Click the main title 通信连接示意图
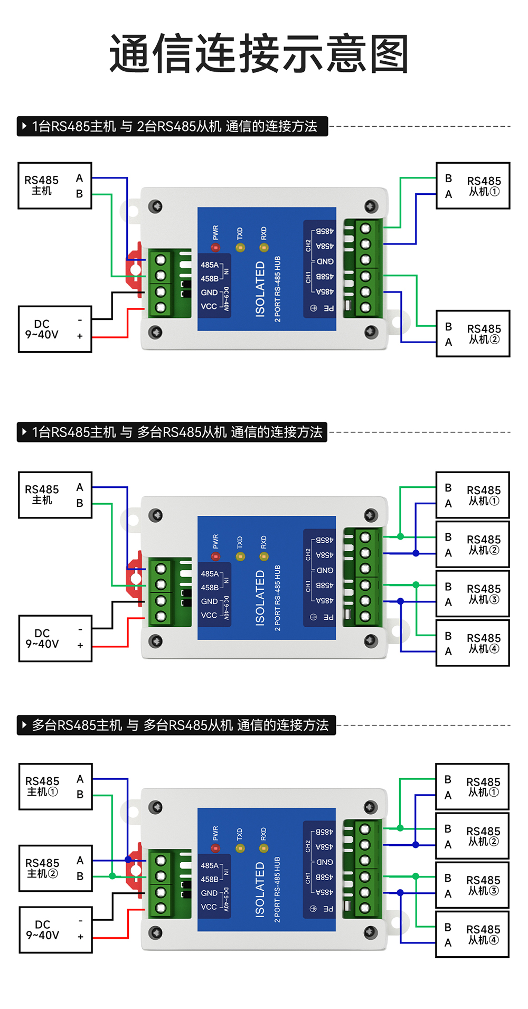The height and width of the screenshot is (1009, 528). click(259, 54)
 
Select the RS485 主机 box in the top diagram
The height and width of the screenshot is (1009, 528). click(55, 186)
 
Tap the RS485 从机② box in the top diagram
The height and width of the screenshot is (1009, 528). click(473, 334)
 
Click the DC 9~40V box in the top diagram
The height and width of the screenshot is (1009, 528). click(55, 329)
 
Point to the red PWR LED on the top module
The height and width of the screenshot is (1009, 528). click(215, 247)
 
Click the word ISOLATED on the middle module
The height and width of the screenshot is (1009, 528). click(260, 598)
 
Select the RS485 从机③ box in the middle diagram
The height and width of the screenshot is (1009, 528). click(473, 593)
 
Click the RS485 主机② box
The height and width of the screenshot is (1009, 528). click(55, 868)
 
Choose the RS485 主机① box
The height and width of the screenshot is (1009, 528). click(55, 786)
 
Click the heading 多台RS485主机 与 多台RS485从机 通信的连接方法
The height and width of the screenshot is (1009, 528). click(176, 725)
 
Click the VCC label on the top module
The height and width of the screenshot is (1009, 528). click(209, 307)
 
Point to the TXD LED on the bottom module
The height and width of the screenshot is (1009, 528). click(240, 848)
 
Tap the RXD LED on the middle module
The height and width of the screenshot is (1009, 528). click(264, 557)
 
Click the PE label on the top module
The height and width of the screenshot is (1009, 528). click(328, 308)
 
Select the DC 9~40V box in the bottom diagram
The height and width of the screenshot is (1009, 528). click(55, 930)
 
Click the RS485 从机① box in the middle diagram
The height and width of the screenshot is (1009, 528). click(473, 495)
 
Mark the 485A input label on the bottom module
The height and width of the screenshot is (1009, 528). click(210, 865)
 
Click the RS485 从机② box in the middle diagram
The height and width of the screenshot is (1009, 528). click(473, 544)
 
